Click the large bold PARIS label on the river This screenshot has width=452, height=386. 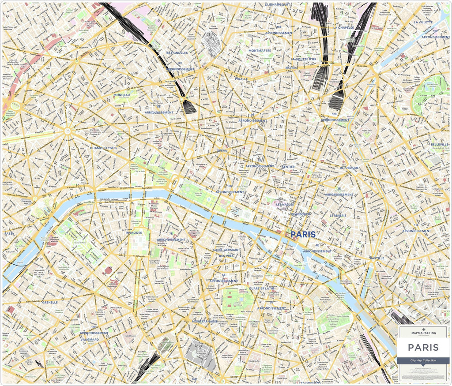tap(303, 235)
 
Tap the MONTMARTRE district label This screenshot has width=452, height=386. tap(260, 50)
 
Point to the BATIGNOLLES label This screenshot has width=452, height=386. tap(177, 52)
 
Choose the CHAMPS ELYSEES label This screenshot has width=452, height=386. tap(104, 148)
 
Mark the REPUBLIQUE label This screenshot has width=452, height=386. tap(350, 168)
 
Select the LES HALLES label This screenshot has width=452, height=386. tap(285, 204)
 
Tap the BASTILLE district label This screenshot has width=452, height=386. tap(377, 258)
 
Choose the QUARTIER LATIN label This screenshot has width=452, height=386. tap(262, 289)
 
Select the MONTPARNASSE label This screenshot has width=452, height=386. tap(205, 321)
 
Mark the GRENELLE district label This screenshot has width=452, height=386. tap(50, 303)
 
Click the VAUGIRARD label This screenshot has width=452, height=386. tap(90, 340)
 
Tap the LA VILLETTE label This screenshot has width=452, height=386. tap(423, 22)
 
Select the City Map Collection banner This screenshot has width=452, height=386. tap(423, 360)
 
